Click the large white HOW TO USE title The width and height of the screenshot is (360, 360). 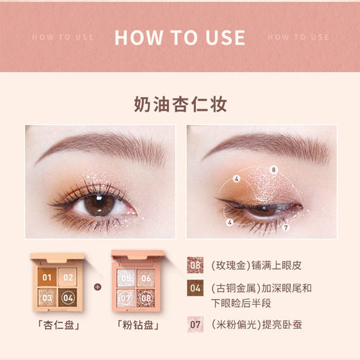click(x=180, y=37)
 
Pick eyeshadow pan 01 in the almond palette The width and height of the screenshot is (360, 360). click(x=47, y=278)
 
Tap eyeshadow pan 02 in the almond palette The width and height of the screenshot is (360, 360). click(x=68, y=278)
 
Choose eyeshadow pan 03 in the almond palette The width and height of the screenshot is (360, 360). click(x=47, y=298)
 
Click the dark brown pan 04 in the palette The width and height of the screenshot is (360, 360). click(x=68, y=298)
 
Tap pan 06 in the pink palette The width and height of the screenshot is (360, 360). click(x=146, y=278)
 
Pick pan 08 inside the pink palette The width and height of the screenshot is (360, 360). click(x=146, y=298)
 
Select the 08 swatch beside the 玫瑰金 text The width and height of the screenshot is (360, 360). click(x=196, y=264)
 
